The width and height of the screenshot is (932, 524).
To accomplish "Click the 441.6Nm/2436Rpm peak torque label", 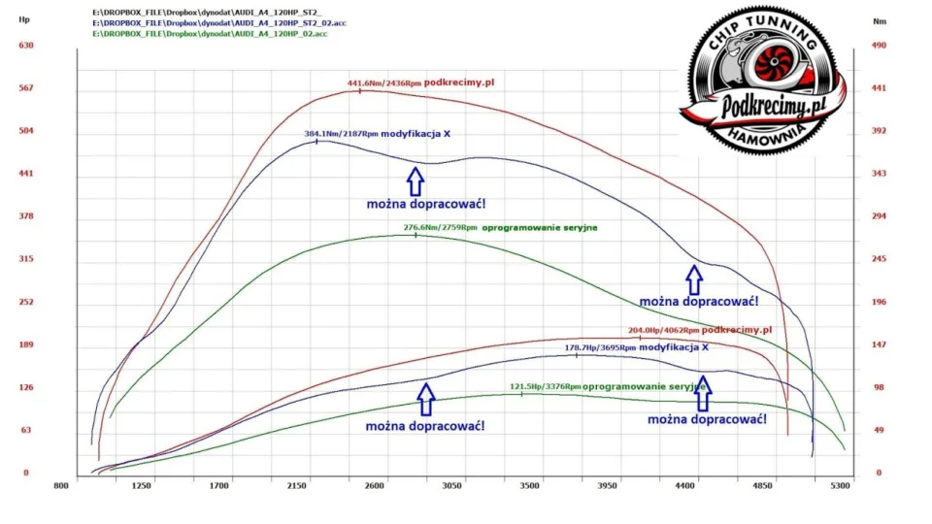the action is [384, 83].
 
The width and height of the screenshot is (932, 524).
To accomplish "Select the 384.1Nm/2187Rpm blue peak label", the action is [341, 134].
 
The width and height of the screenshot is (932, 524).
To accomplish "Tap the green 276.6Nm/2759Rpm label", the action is [440, 227].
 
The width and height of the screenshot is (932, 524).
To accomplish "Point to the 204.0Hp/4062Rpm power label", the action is [663, 330].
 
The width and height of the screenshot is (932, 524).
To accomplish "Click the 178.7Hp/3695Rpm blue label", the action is [600, 347].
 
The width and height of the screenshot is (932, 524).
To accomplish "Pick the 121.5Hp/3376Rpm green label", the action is [545, 387].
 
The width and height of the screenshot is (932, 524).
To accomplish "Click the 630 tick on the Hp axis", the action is [26, 46].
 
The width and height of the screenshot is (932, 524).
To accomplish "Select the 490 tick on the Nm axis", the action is [879, 46].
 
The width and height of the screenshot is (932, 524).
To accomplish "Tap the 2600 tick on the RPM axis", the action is [375, 486].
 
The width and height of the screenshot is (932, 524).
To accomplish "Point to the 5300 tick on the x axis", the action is [841, 486].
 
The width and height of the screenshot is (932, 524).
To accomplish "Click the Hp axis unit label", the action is [24, 19].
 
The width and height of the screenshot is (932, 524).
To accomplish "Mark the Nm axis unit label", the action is [880, 21].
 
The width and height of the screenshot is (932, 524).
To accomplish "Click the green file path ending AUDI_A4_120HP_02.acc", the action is [210, 34].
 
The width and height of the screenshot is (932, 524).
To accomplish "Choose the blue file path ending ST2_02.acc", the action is [219, 23].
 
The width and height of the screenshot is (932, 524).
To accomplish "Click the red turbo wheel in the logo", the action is [774, 61].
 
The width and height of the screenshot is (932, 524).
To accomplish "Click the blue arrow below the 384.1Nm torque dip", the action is [416, 181].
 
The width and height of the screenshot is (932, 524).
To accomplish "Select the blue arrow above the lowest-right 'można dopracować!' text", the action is [703, 393].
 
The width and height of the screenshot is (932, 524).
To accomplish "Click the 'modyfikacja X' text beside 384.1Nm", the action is [416, 134].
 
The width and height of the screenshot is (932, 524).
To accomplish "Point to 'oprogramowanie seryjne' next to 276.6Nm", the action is [540, 227].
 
